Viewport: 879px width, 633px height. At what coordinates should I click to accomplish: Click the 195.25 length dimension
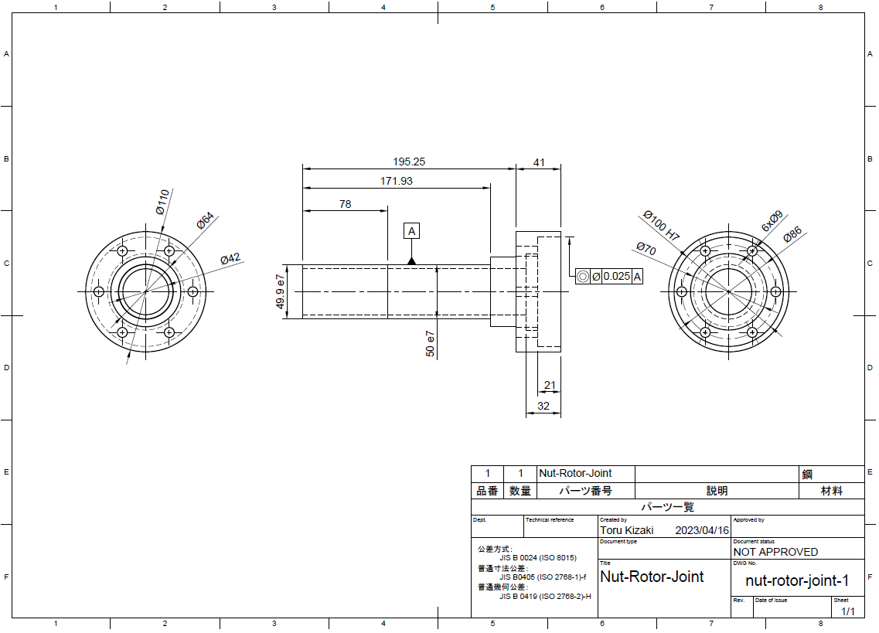coord(409,162)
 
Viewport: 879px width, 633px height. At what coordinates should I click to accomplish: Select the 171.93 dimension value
coord(397,181)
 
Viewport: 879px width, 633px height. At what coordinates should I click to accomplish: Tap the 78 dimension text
coord(345,204)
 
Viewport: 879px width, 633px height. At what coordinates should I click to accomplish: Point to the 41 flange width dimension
coord(539,162)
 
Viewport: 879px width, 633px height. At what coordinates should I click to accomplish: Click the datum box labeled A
coord(412,231)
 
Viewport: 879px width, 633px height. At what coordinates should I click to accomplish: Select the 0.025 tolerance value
coord(616,277)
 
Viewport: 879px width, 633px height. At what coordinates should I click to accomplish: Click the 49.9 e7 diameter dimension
coord(281,291)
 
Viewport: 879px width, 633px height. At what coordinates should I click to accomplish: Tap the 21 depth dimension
coord(550,386)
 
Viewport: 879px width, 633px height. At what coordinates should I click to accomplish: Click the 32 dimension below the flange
coord(543,406)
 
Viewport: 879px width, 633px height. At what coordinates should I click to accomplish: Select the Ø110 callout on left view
coord(162,201)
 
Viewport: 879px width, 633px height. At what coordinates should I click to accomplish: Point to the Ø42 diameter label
coord(230,259)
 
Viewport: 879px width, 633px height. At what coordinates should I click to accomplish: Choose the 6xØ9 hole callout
coord(772,222)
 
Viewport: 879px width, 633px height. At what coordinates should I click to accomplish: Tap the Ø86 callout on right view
coord(792,235)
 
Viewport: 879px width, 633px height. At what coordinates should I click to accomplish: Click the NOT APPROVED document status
coord(775,552)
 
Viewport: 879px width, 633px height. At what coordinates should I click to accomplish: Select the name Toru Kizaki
coord(627,530)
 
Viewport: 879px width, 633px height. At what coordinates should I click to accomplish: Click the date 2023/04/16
coord(702,530)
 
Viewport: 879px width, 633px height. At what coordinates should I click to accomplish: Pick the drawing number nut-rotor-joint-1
coord(796,580)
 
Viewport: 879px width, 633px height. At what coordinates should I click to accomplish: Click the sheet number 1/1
coord(847,611)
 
